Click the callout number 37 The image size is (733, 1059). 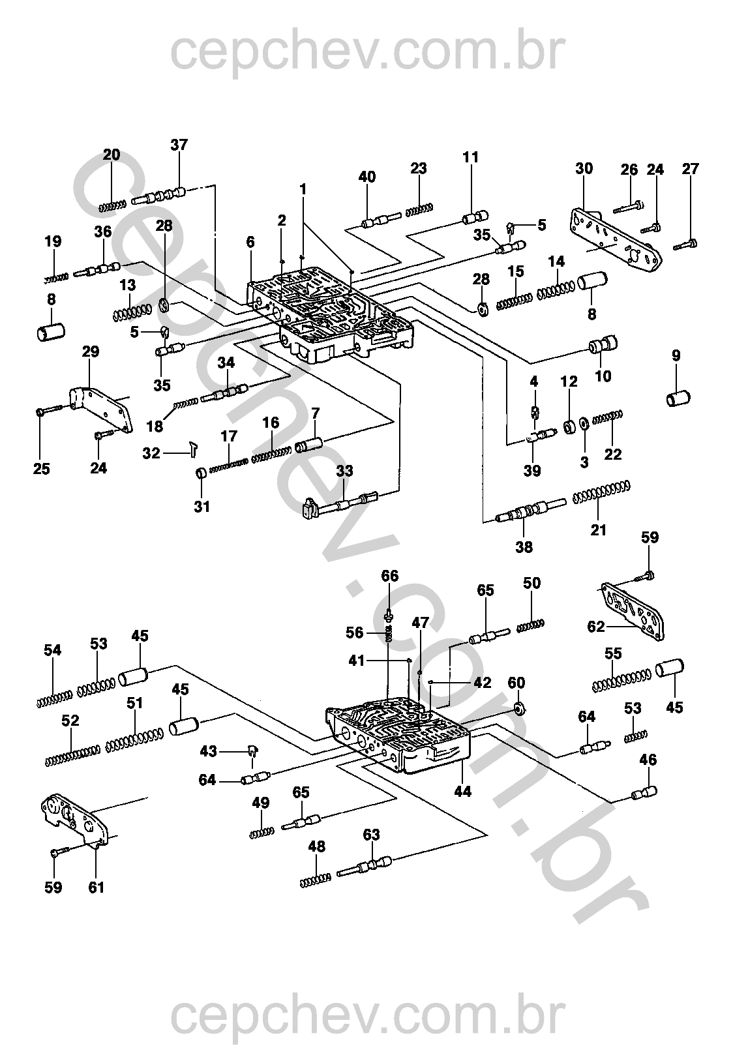[x=179, y=145]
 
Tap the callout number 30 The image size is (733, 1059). [x=584, y=168]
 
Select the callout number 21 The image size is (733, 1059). [x=598, y=530]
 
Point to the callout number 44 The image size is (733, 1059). [x=462, y=791]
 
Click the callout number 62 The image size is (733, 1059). [x=596, y=627]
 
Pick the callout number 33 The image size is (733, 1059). [x=345, y=471]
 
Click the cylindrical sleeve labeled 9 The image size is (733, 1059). [x=678, y=398]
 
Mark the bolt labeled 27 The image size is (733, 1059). [x=686, y=245]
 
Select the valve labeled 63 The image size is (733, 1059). [x=364, y=867]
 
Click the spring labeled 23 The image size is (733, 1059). [x=419, y=209]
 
